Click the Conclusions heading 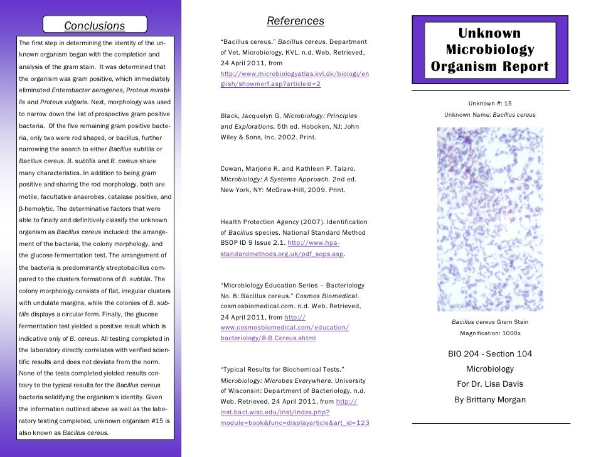pyautogui.click(x=95, y=26)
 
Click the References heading pyautogui.click(x=295, y=21)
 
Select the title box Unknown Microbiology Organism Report pyautogui.click(x=490, y=50)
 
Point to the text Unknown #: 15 pyautogui.click(x=490, y=104)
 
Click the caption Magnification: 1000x pyautogui.click(x=490, y=333)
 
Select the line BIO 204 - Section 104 pyautogui.click(x=490, y=354)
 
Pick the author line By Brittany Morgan pyautogui.click(x=490, y=400)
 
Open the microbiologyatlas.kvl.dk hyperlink pyautogui.click(x=294, y=79)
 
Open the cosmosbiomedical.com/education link pyautogui.click(x=285, y=328)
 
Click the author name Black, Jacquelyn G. pyautogui.click(x=250, y=116)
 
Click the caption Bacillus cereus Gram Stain pyautogui.click(x=490, y=322)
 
